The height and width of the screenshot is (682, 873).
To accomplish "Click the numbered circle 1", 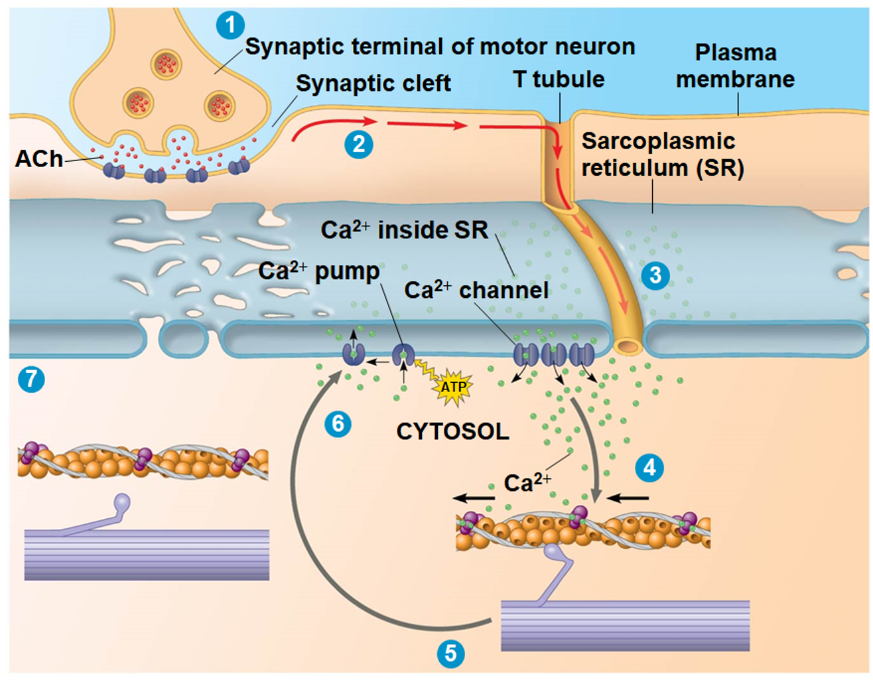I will pyautogui.click(x=230, y=25).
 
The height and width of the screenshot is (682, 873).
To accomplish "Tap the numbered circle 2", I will pyautogui.click(x=359, y=144).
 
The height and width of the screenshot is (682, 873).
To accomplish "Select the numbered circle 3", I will pyautogui.click(x=655, y=275).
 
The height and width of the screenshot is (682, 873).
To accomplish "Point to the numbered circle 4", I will pyautogui.click(x=649, y=468).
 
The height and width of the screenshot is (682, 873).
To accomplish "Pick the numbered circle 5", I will pyautogui.click(x=450, y=653).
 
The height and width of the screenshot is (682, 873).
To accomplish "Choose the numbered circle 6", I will pyautogui.click(x=338, y=423).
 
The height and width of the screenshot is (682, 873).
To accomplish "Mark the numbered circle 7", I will pyautogui.click(x=31, y=379).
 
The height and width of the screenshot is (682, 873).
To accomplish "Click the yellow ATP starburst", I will pyautogui.click(x=453, y=387).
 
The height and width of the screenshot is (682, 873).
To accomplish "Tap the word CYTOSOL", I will pyautogui.click(x=452, y=432).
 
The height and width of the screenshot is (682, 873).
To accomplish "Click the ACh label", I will pyautogui.click(x=39, y=159).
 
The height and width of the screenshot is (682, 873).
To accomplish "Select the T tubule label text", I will pyautogui.click(x=559, y=80).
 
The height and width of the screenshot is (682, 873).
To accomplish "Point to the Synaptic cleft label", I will pyautogui.click(x=373, y=84).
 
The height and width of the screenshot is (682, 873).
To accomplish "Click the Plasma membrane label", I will pyautogui.click(x=735, y=66).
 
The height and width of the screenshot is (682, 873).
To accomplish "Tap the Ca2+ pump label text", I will pyautogui.click(x=318, y=271).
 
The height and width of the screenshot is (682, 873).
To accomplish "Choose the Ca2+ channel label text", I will pyautogui.click(x=476, y=291).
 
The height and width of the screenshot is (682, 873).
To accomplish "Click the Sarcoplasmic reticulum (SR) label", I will pyautogui.click(x=662, y=155).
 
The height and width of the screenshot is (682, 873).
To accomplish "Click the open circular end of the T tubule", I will pyautogui.click(x=626, y=346).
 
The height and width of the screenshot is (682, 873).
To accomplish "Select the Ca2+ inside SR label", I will pyautogui.click(x=404, y=230).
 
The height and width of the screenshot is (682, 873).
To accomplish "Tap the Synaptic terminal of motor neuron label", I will pyautogui.click(x=440, y=46).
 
